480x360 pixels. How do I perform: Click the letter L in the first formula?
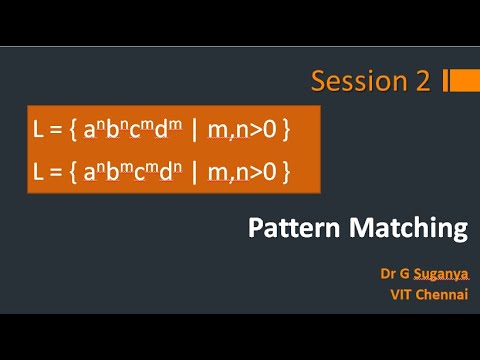39,130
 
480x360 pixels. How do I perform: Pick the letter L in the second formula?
39,172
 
